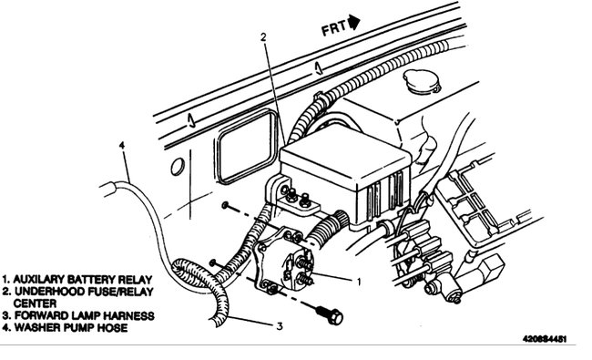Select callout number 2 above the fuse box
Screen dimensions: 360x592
(262, 37)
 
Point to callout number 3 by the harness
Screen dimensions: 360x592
(281, 325)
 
